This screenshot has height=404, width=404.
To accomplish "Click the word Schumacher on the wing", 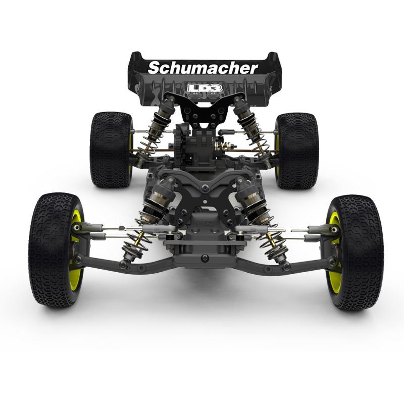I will tap(203, 67).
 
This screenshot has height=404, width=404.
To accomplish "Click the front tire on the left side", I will tap(53, 250).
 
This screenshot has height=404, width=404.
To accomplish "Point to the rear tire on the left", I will tap(110, 149).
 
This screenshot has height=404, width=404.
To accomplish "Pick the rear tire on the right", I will tap(296, 150).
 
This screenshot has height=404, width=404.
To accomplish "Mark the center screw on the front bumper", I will tap(204, 258).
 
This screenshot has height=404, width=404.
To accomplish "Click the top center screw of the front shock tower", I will tap(204, 188).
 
